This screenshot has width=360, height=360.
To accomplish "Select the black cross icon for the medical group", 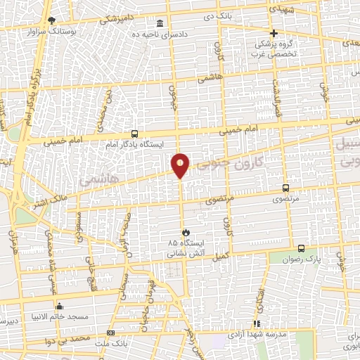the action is coord(274,33).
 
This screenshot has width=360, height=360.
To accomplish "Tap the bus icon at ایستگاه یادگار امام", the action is coord(134,134).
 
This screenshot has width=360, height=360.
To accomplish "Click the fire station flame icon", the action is coord(186,231).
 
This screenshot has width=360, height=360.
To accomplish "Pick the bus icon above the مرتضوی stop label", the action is coord(285,188).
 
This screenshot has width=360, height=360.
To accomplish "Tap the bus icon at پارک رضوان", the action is coord(302,248).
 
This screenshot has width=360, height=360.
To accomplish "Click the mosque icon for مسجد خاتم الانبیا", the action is coord(59,307).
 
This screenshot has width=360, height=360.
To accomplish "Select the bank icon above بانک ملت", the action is coord(110,333).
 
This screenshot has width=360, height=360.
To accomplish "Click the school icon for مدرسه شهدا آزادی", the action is coord(257,324).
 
